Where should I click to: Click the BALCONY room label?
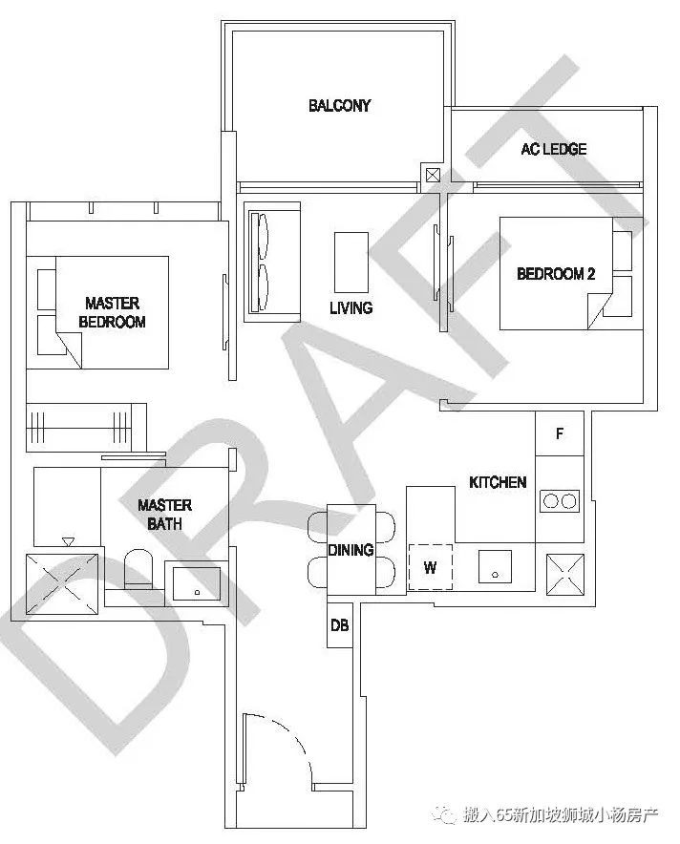click(x=339, y=105)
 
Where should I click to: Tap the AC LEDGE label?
click(x=553, y=149)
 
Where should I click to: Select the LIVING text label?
click(x=351, y=308)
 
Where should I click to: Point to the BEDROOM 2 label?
click(x=556, y=274)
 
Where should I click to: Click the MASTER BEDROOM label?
click(x=112, y=313)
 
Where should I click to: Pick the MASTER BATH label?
click(x=164, y=515)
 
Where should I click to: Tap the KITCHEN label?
click(x=498, y=482)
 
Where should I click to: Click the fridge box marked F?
click(x=560, y=434)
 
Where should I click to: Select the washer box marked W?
click(x=430, y=568)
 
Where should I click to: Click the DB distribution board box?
click(x=339, y=626)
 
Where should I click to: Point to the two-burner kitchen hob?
click(x=560, y=500)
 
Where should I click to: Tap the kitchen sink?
click(x=495, y=567)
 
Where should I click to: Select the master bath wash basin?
click(x=197, y=581)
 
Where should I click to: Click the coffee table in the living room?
click(x=351, y=262)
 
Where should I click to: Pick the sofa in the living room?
click(x=271, y=261)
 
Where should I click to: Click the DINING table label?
click(x=351, y=551)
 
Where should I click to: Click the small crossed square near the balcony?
click(x=434, y=175)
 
